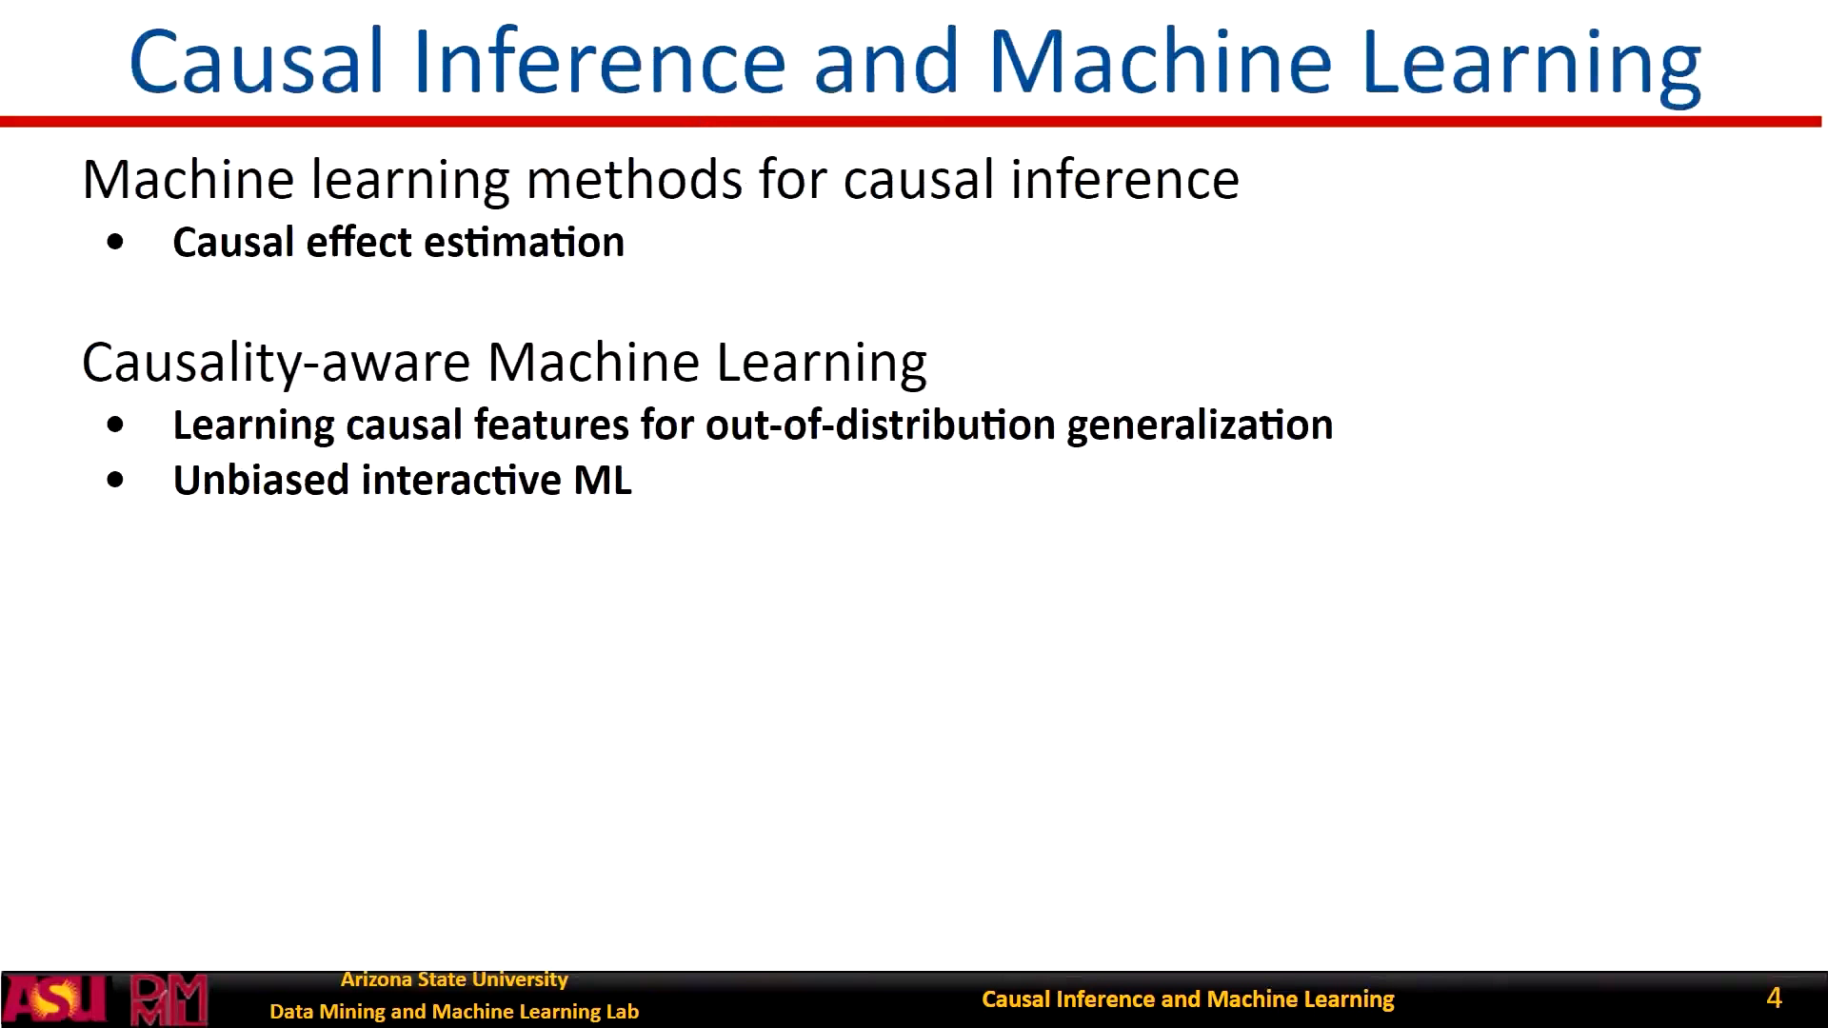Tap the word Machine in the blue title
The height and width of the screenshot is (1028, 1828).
click(x=1161, y=62)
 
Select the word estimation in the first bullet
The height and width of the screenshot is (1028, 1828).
click(x=525, y=243)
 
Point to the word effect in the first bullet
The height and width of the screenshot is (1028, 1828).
click(x=359, y=242)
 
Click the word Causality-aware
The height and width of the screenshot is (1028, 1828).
click(x=277, y=364)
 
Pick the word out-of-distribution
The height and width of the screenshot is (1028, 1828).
click(x=881, y=425)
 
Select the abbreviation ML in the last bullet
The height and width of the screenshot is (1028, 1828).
click(x=603, y=481)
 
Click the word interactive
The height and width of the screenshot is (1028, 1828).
click(x=462, y=480)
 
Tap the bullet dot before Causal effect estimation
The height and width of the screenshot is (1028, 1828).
click(x=116, y=243)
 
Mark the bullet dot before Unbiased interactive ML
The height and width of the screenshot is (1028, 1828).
click(x=116, y=481)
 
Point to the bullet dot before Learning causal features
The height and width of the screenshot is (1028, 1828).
click(x=116, y=425)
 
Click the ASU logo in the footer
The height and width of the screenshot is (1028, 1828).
click(x=54, y=999)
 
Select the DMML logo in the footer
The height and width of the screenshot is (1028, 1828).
click(x=169, y=999)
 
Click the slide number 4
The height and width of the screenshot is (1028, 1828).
click(x=1774, y=998)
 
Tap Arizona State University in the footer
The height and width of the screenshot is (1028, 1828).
click(x=454, y=979)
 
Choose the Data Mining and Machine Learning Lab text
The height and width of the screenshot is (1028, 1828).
click(x=454, y=1012)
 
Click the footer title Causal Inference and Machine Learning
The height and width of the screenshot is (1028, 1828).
click(x=1188, y=999)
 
